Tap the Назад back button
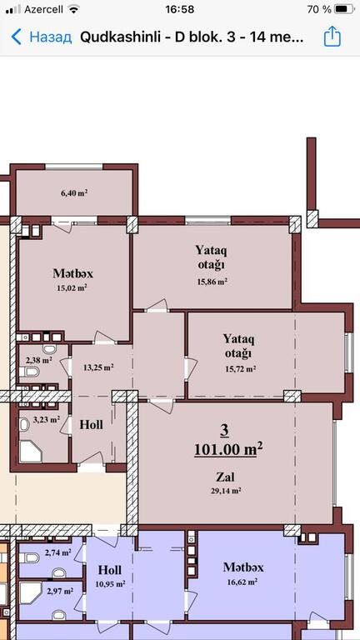pos(41,37)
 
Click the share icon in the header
pos(332,37)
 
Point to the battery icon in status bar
pos(344,9)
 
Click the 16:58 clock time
pos(180,9)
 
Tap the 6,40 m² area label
pos(74,193)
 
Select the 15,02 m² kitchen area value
pos(72,287)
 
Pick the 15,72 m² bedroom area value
pos(240,369)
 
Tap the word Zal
pos(225,476)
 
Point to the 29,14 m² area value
pos(225,491)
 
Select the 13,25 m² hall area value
pos(98,367)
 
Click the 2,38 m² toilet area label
pos(39,360)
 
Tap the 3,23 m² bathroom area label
pos(47,419)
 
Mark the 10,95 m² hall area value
pos(110,584)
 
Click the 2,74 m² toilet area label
pos(58,553)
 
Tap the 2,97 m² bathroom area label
pos(60,591)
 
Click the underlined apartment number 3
pos(224,431)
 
